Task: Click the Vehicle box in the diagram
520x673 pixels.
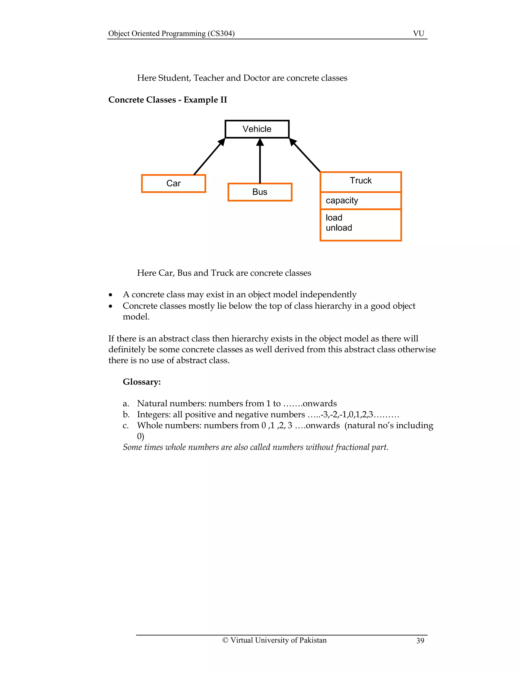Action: click(x=257, y=129)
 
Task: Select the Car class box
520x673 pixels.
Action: click(x=173, y=183)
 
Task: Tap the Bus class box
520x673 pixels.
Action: click(x=260, y=192)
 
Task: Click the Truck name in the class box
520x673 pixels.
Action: click(x=361, y=181)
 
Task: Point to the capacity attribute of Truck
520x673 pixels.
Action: click(x=342, y=200)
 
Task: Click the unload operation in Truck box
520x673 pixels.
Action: click(x=339, y=228)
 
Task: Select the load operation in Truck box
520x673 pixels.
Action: click(x=334, y=218)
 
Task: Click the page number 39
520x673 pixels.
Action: click(x=420, y=641)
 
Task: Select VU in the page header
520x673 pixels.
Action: click(x=418, y=33)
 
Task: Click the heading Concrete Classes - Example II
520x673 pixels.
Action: click(x=168, y=100)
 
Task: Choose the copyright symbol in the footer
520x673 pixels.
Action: click(x=225, y=640)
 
